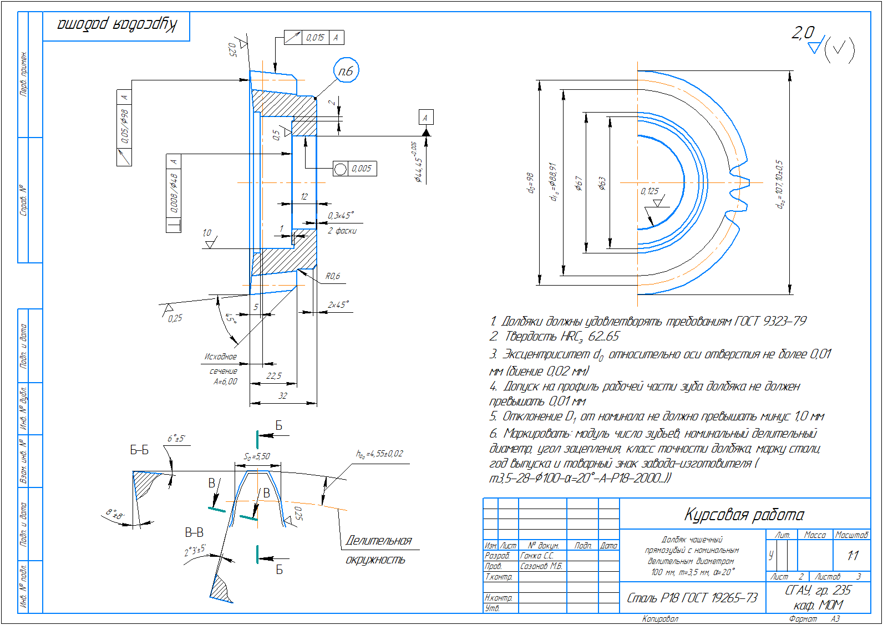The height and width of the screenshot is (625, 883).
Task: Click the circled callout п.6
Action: pyautogui.click(x=346, y=71)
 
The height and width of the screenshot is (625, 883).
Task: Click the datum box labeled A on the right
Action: pyautogui.click(x=425, y=118)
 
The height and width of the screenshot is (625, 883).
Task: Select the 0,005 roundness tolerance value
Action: pyautogui.click(x=361, y=169)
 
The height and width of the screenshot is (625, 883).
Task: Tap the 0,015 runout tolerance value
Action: pyautogui.click(x=315, y=38)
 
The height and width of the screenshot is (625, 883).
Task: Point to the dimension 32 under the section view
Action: pyautogui.click(x=283, y=396)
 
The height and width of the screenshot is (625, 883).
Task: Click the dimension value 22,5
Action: pyautogui.click(x=274, y=376)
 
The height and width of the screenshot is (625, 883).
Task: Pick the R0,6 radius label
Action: pyautogui.click(x=332, y=276)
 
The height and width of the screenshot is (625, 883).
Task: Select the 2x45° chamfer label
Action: pyautogui.click(x=338, y=305)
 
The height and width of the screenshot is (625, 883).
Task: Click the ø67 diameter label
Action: pyautogui.click(x=578, y=183)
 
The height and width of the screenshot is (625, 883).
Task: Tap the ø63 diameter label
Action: pyautogui.click(x=602, y=184)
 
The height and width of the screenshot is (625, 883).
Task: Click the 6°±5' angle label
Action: pyautogui.click(x=176, y=439)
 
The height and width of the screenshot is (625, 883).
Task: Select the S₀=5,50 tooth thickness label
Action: pyautogui.click(x=257, y=457)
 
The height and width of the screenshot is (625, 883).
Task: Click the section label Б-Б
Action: pyautogui.click(x=139, y=450)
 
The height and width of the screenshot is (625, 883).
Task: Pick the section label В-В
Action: pyautogui.click(x=194, y=532)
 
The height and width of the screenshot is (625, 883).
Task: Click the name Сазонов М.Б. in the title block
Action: pyautogui.click(x=541, y=566)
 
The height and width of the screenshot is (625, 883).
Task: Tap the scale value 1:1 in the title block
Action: pyautogui.click(x=852, y=555)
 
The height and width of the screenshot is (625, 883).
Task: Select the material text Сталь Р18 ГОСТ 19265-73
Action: pyautogui.click(x=692, y=598)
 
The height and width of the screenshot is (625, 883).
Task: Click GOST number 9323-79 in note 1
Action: pyautogui.click(x=784, y=321)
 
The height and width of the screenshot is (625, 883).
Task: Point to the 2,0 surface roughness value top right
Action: pyautogui.click(x=803, y=33)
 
